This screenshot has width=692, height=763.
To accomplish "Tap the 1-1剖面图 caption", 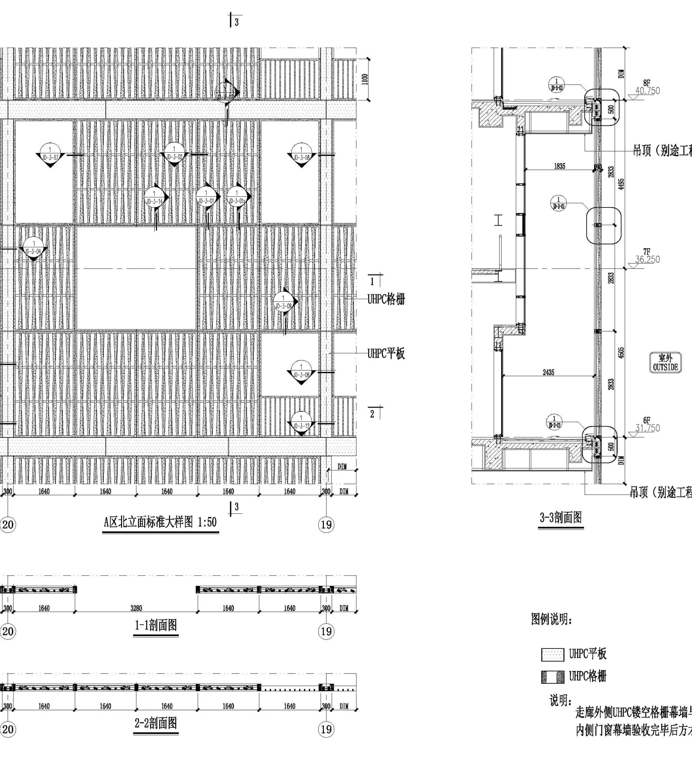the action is click(x=156, y=625).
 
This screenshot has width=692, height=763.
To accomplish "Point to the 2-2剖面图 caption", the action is click(x=156, y=723).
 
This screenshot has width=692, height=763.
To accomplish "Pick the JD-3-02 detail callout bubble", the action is click(x=174, y=153).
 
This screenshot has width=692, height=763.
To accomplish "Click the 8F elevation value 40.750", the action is click(x=647, y=91).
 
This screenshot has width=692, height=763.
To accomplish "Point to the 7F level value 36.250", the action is click(x=647, y=260).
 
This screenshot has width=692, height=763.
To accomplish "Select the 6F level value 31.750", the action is click(x=647, y=428).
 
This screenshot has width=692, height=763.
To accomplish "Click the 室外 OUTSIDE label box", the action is click(x=665, y=363).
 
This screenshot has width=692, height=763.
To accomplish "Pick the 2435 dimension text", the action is click(x=548, y=372).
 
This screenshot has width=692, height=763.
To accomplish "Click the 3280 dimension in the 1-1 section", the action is click(x=136, y=608).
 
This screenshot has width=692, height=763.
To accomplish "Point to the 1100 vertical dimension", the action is click(x=365, y=80).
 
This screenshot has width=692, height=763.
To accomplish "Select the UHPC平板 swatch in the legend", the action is click(x=552, y=655).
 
